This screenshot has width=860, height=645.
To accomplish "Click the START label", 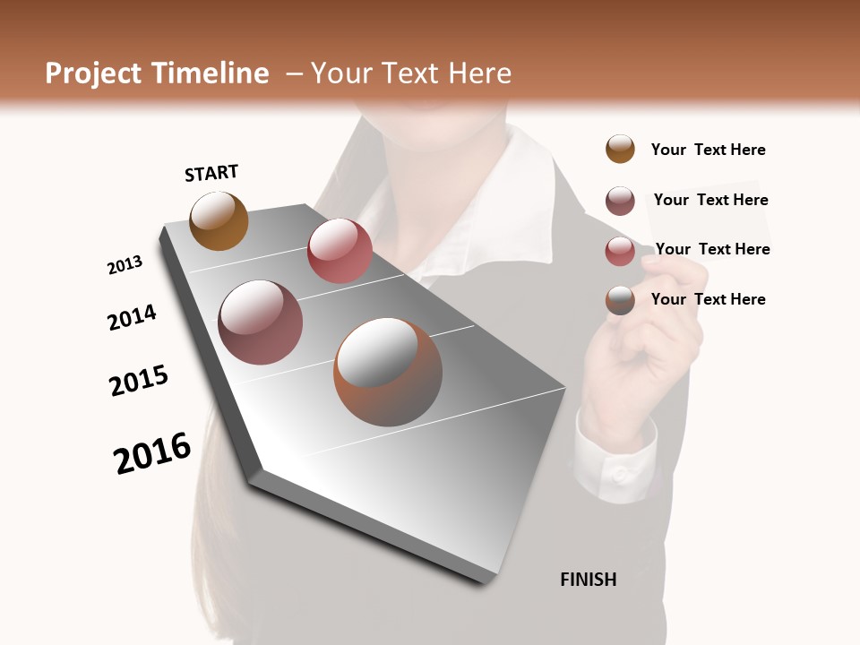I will (211, 173).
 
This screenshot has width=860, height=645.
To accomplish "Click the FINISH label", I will (588, 580).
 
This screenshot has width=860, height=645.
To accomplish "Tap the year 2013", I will (125, 265).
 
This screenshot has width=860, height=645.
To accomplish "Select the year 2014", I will (132, 317).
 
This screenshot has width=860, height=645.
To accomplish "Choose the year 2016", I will (152, 453).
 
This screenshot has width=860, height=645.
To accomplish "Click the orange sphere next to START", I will (219, 220).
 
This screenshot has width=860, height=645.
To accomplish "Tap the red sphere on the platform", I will (340, 251).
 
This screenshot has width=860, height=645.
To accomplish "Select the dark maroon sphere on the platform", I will (260, 322).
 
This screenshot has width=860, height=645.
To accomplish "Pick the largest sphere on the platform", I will (388, 372).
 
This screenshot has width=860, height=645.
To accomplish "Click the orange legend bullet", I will (620, 149).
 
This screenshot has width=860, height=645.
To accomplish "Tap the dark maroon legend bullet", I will (620, 201).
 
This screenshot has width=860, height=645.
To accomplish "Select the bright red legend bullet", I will (620, 251).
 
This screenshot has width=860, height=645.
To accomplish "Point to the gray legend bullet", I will (620, 300).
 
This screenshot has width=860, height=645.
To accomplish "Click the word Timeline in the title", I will (213, 73).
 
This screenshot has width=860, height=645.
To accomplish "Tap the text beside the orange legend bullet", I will (708, 150).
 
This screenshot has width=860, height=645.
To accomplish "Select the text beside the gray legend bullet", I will (708, 299).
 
